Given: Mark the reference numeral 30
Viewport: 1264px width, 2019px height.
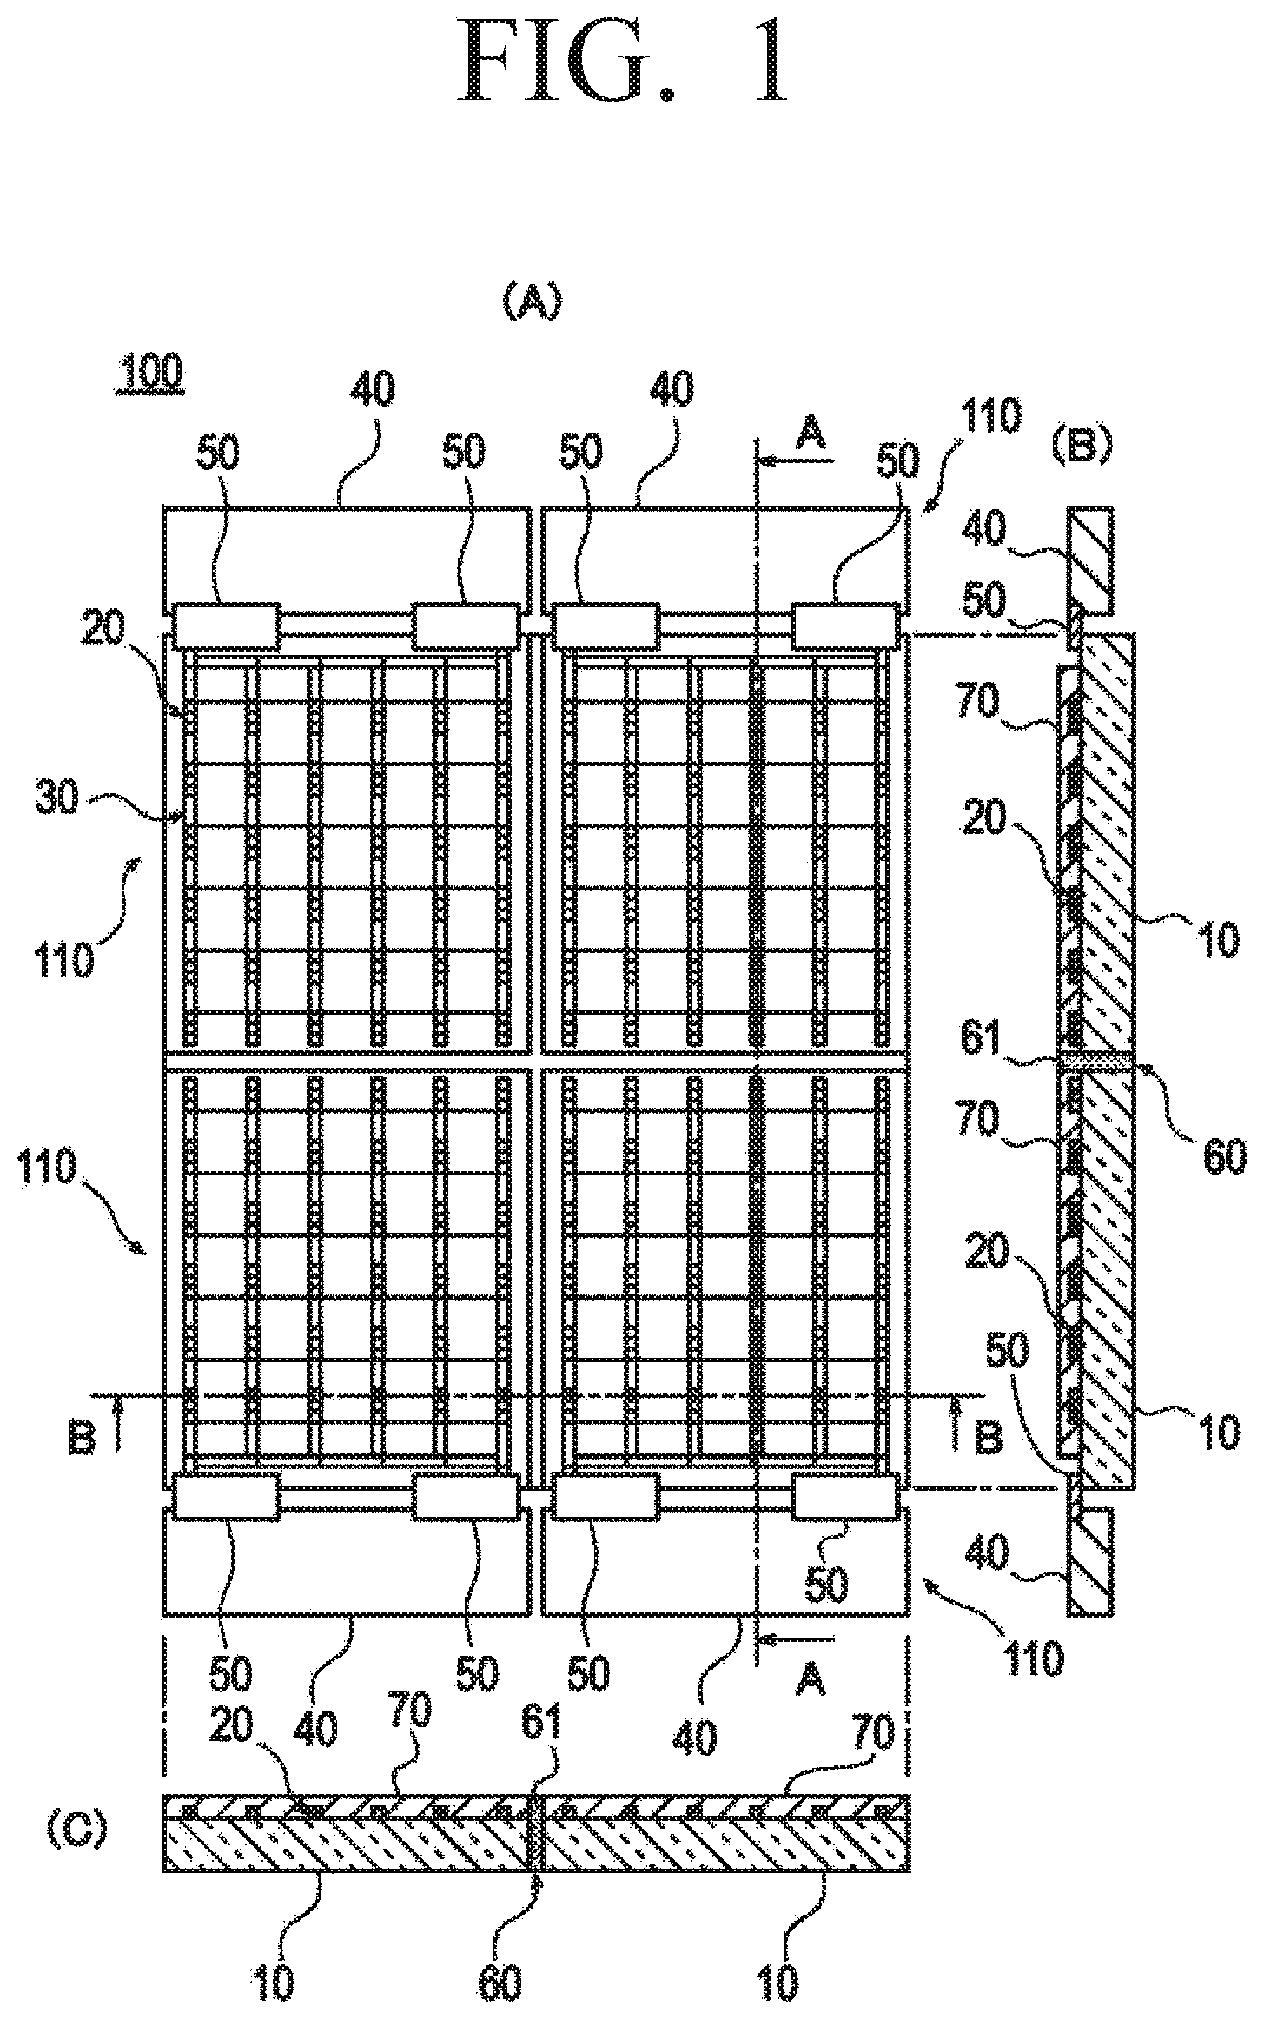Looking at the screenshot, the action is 58,800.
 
